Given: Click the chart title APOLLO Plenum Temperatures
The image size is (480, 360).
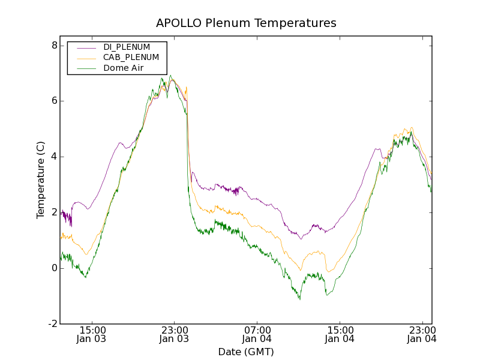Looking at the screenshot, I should pyautogui.click(x=246, y=23).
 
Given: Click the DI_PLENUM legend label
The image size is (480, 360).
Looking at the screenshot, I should pyautogui.click(x=127, y=47).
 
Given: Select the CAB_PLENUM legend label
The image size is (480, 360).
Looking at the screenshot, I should pyautogui.click(x=131, y=57).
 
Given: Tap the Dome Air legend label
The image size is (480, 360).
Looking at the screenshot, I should pyautogui.click(x=123, y=68).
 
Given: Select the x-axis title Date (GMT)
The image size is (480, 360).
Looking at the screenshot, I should pyautogui.click(x=246, y=352).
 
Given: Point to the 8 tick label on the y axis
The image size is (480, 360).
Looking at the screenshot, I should pyautogui.click(x=54, y=46).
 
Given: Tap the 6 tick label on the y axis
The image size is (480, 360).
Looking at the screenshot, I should pyautogui.click(x=54, y=101).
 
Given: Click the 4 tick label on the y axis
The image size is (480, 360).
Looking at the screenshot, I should pyautogui.click(x=54, y=157).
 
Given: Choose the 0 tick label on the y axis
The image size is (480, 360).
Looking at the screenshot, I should pyautogui.click(x=54, y=268).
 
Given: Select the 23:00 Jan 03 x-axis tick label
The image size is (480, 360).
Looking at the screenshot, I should pyautogui.click(x=174, y=334).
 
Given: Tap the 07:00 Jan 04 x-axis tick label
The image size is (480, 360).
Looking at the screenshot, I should pyautogui.click(x=257, y=334).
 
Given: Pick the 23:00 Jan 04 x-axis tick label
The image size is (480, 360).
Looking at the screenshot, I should pyautogui.click(x=422, y=334).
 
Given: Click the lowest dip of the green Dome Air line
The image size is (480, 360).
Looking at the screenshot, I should pyautogui.click(x=299, y=299).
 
